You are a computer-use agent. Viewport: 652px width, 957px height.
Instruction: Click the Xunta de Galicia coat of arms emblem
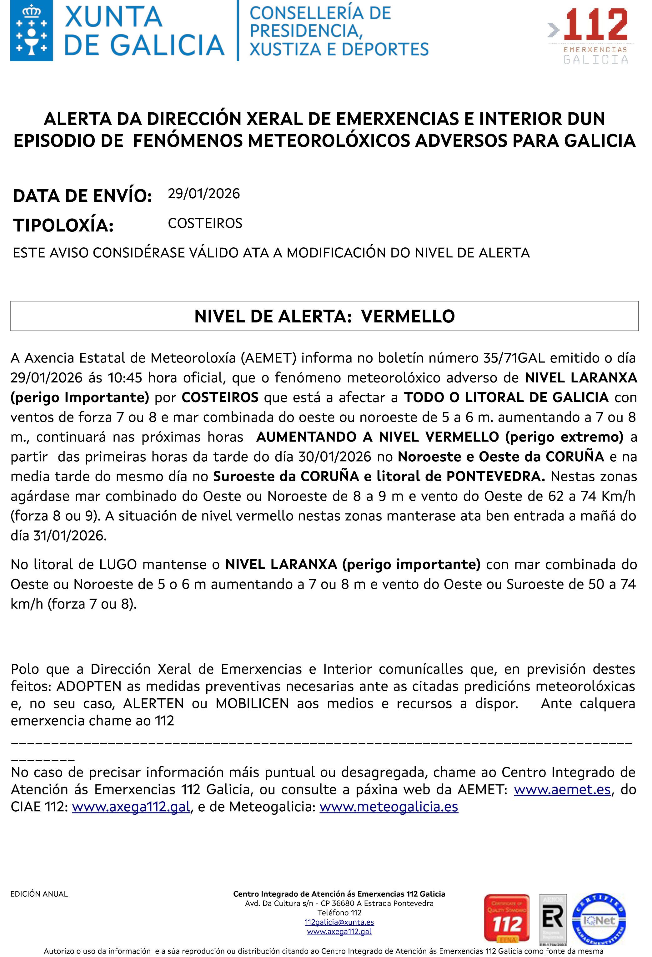32,31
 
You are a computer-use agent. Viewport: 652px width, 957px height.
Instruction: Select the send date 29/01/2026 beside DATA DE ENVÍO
204,194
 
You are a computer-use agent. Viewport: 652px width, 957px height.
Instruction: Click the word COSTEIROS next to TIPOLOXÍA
205,223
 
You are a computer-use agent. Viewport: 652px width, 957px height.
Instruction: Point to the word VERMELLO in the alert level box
408,316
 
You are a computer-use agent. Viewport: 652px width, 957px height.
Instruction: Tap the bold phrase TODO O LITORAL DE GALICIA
506,397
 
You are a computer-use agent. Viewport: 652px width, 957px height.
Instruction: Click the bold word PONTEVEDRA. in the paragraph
496,476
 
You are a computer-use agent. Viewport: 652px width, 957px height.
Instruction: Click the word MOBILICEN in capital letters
252,703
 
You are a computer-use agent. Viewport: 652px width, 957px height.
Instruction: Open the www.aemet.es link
562,789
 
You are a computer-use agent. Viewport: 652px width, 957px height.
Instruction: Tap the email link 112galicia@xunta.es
339,922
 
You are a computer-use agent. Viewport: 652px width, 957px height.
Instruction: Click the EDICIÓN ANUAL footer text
39,894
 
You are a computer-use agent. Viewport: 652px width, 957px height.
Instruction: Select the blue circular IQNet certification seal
599,919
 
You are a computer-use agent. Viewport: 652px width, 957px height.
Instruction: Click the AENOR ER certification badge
553,919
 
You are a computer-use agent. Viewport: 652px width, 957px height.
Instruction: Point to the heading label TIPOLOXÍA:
63,225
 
